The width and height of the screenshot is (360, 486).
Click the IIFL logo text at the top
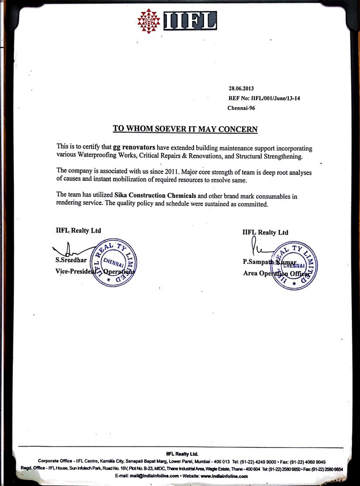(190, 20)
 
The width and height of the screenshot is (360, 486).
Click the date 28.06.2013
(242, 88)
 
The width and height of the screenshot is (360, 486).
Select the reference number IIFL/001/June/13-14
(276, 98)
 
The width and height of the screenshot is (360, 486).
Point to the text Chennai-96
(241, 108)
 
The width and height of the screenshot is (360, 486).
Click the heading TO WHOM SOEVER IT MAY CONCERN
(185, 129)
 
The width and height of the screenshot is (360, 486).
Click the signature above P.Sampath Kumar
(256, 246)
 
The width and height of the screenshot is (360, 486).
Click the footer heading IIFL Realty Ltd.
(182, 454)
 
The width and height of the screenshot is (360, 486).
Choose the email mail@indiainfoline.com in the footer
(156, 476)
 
